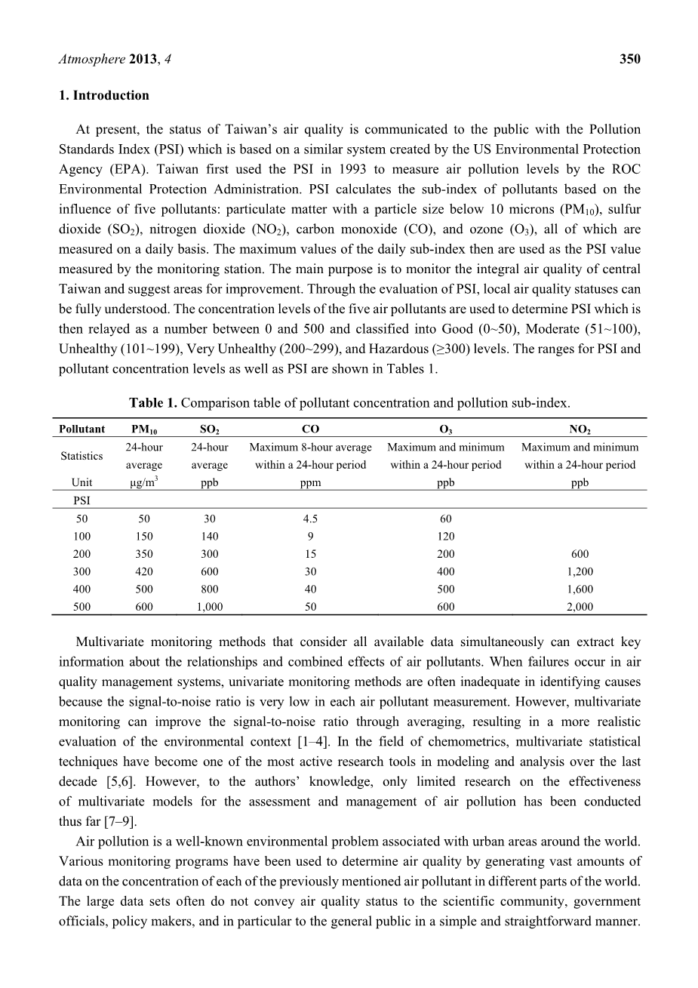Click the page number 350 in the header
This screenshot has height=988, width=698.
629,59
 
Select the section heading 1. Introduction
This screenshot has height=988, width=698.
103,95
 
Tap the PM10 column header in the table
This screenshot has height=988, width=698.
144,429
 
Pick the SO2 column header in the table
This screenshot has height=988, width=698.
209,429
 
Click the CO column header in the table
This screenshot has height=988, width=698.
310,429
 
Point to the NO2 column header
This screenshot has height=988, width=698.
580,429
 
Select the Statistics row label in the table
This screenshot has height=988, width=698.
81,456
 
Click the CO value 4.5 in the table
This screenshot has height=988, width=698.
310,519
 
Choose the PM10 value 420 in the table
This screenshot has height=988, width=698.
144,571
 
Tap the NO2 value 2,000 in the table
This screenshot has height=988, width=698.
580,606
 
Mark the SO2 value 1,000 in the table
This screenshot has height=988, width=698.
209,606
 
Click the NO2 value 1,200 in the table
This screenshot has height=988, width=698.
580,571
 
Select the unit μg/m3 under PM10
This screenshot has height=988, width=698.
144,482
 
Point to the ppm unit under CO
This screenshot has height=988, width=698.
310,483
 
